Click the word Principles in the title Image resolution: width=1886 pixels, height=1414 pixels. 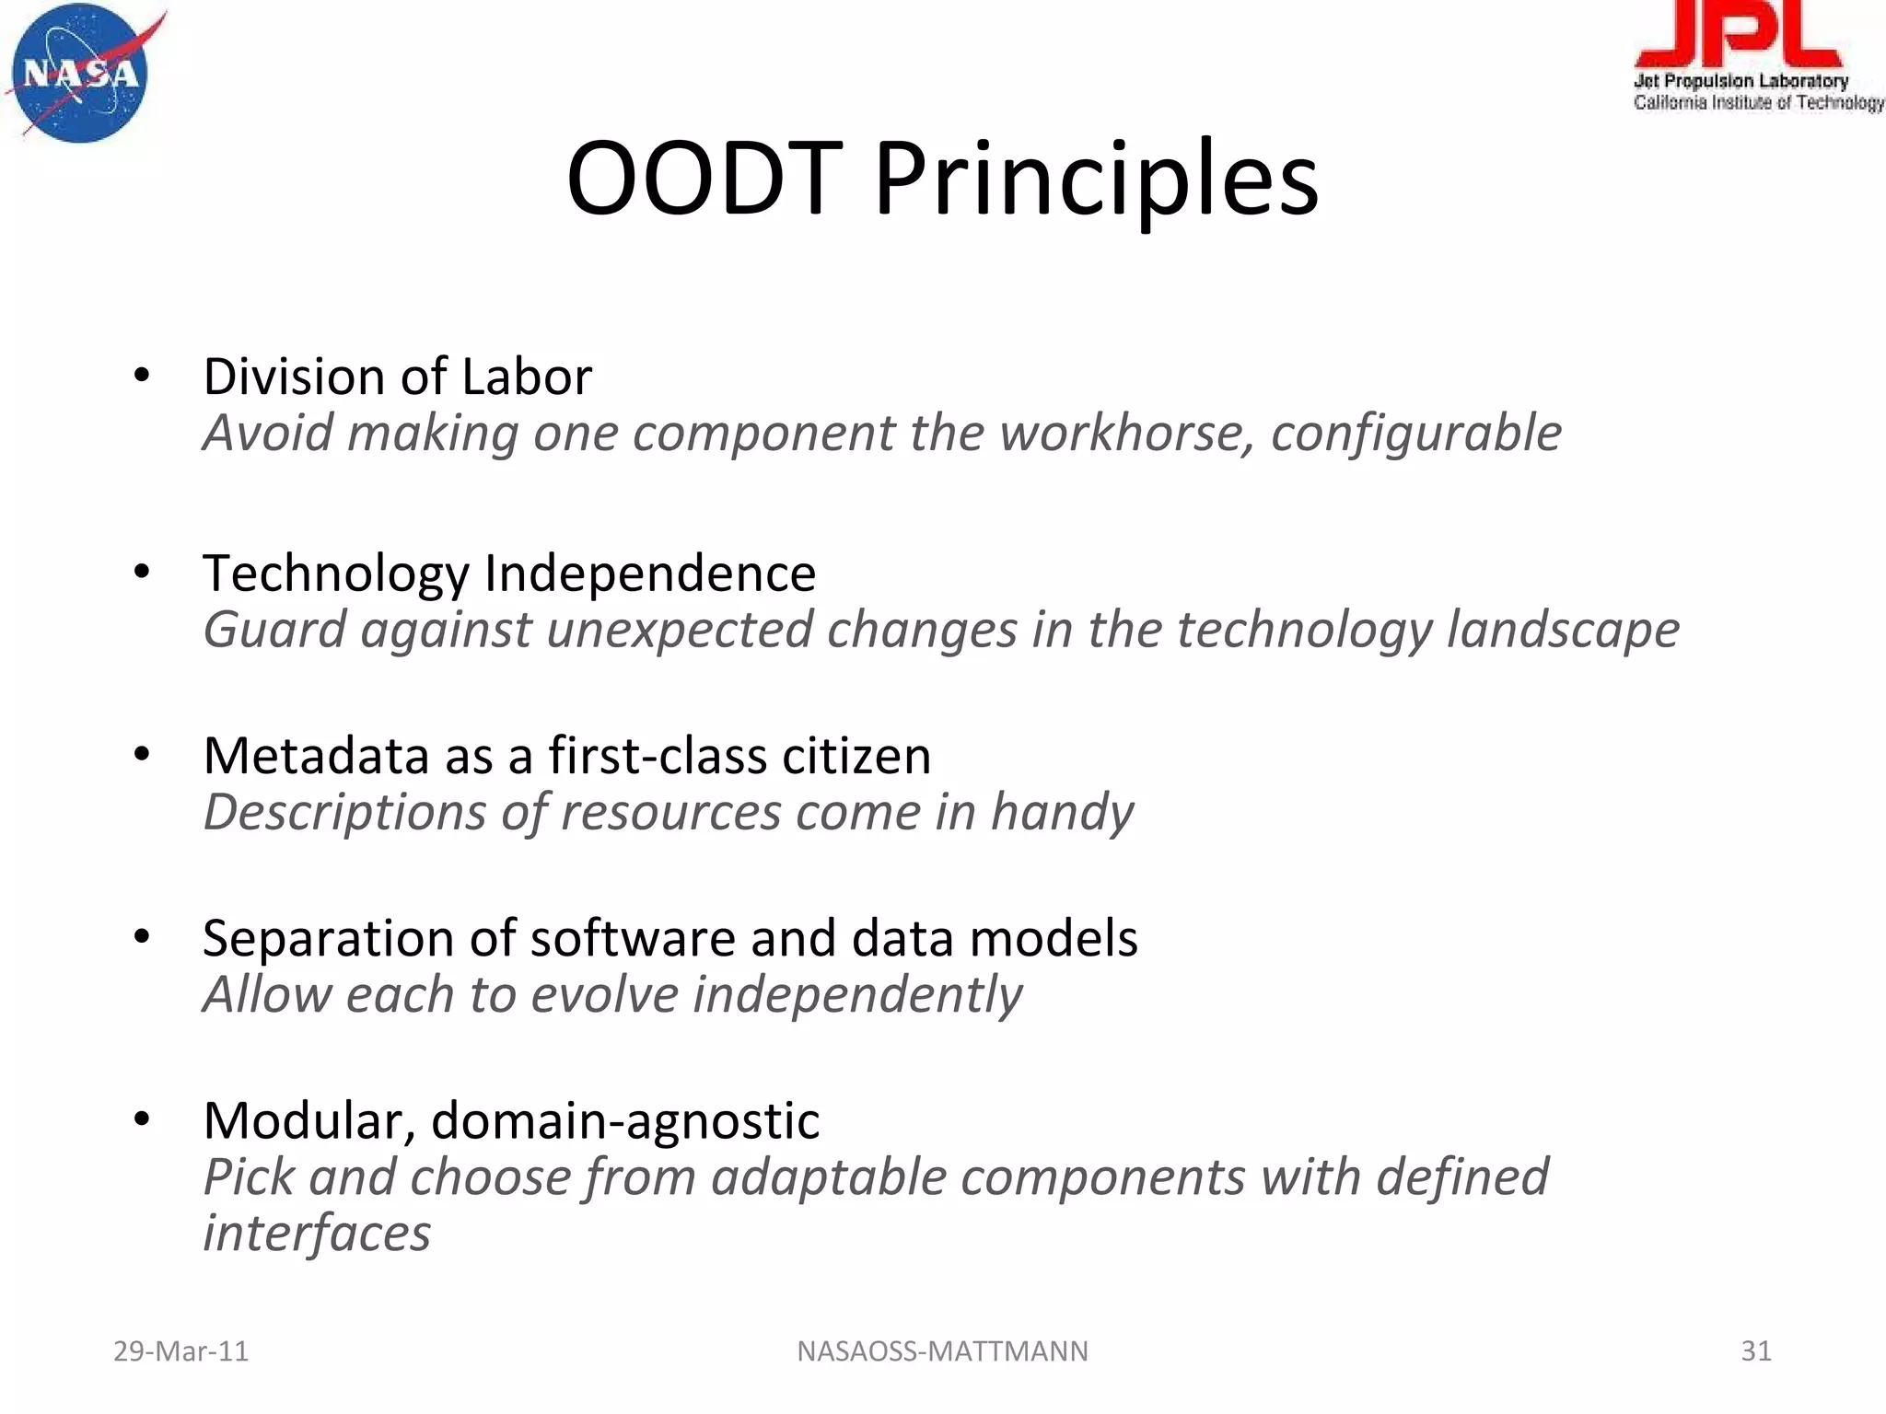coord(1096,180)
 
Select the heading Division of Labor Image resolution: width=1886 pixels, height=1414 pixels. coord(397,377)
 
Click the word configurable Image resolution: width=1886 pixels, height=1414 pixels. coord(1415,433)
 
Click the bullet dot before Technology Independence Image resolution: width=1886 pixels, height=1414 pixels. coord(141,573)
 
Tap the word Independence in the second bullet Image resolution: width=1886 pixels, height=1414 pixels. coord(649,573)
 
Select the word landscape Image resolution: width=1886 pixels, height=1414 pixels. coord(1562,630)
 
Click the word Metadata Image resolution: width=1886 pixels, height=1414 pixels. coord(316,756)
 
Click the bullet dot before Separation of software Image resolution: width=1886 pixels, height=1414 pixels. coord(141,937)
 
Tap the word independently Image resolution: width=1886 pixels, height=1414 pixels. coord(856,995)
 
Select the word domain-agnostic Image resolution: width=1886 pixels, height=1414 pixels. coord(625,1120)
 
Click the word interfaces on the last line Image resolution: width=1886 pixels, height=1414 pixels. coord(316,1233)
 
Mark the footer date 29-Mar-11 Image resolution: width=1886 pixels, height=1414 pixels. coord(180,1350)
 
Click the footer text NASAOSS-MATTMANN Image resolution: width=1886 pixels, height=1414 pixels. coord(942,1350)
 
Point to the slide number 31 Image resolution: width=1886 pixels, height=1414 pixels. coord(1755,1350)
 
